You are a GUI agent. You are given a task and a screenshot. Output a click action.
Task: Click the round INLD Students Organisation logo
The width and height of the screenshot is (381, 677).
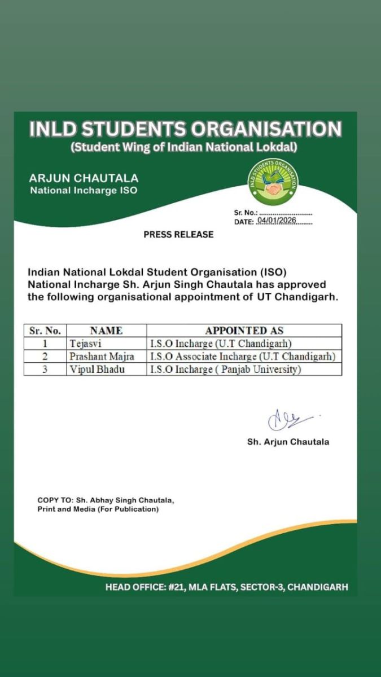coord(274,182)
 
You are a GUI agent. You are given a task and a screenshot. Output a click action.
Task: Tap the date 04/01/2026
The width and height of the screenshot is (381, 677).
coord(277,222)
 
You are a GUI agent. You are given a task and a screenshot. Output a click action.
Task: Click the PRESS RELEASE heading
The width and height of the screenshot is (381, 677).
coord(178,235)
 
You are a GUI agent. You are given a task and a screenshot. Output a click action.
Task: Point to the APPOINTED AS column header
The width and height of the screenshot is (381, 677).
coord(244,331)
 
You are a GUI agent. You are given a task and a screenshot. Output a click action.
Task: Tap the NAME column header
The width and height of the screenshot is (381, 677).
coord(106,331)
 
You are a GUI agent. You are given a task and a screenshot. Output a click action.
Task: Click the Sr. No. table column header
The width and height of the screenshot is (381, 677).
coord(45,331)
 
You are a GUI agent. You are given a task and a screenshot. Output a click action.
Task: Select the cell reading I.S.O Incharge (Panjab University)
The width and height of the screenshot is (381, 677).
coord(225,370)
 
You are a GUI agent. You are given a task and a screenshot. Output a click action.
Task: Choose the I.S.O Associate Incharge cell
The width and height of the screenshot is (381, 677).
coord(242,357)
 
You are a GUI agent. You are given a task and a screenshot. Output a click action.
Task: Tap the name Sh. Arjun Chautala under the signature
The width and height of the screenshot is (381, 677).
coord(288,442)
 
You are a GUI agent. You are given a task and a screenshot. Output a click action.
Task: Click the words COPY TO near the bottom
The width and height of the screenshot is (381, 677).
coord(54,500)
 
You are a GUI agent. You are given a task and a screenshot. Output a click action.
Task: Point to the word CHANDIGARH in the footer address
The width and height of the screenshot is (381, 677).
coord(319,587)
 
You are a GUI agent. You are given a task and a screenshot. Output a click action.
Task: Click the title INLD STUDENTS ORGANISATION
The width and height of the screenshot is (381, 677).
coord(186,129)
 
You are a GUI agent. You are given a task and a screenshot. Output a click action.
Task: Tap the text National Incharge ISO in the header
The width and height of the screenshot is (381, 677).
coord(84,191)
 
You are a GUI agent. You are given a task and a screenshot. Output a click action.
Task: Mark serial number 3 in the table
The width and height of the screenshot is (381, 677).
coord(45,370)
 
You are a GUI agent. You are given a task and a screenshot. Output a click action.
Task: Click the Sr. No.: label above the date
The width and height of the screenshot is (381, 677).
coord(246,213)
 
